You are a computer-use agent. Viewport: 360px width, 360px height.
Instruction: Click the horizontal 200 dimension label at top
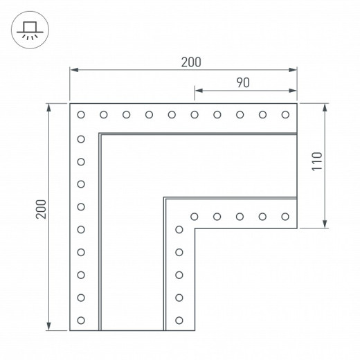click(191, 62)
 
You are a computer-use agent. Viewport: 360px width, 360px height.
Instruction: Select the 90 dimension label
click(243, 83)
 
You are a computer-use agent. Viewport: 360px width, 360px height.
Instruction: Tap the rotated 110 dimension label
click(317, 161)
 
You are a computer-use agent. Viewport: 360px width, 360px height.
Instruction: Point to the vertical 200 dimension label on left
click(41, 209)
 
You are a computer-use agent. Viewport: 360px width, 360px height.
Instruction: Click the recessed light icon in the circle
click(30, 30)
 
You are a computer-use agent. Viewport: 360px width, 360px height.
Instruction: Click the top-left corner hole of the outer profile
click(81, 115)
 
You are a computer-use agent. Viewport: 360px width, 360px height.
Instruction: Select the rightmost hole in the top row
click(285, 115)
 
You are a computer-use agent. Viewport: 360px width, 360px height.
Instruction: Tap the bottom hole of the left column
click(81, 321)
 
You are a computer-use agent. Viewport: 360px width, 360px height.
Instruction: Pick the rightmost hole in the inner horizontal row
click(285, 217)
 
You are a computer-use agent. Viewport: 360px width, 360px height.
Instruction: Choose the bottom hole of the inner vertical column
click(179, 321)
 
